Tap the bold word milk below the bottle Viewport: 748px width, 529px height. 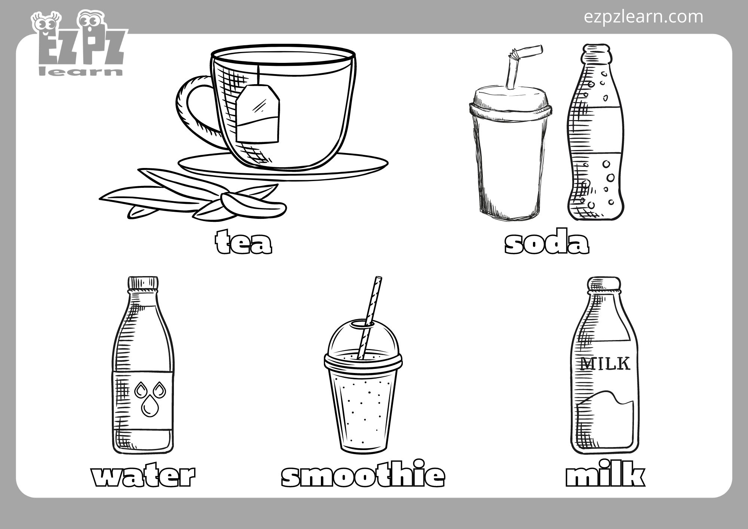[605, 475]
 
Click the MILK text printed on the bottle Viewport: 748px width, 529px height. [605, 364]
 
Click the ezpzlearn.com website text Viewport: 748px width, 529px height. [643, 17]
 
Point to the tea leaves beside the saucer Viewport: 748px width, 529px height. [194, 198]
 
